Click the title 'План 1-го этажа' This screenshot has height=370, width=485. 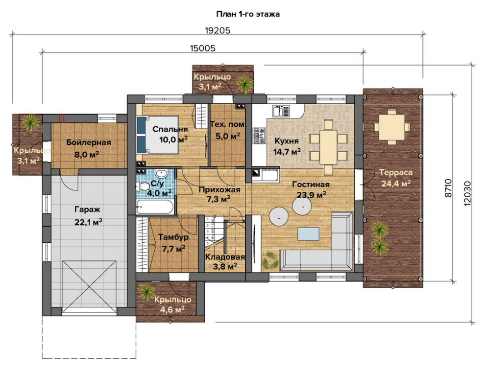pyautogui.click(x=248, y=14)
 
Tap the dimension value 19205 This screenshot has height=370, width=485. pyautogui.click(x=218, y=30)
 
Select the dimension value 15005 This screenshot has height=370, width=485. pyautogui.click(x=203, y=48)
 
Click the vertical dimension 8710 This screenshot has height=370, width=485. pyautogui.click(x=448, y=188)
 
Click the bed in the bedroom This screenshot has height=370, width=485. pyautogui.click(x=157, y=135)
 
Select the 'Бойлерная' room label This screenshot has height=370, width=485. pyautogui.click(x=89, y=143)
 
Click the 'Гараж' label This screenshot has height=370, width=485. pyautogui.click(x=87, y=209)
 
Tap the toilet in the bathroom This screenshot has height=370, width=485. pyautogui.click(x=142, y=186)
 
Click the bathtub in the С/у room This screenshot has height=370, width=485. pyautogui.click(x=155, y=207)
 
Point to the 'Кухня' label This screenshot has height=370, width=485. pyautogui.click(x=287, y=141)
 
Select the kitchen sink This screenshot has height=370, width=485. pyautogui.click(x=281, y=111)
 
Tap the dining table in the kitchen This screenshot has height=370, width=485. pyautogui.click(x=328, y=147)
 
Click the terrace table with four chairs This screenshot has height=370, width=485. pyautogui.click(x=391, y=127)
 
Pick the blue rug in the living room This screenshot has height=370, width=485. pyautogui.click(x=309, y=233)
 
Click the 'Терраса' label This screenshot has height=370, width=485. pyautogui.click(x=396, y=172)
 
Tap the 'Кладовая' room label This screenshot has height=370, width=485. pyautogui.click(x=225, y=257)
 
